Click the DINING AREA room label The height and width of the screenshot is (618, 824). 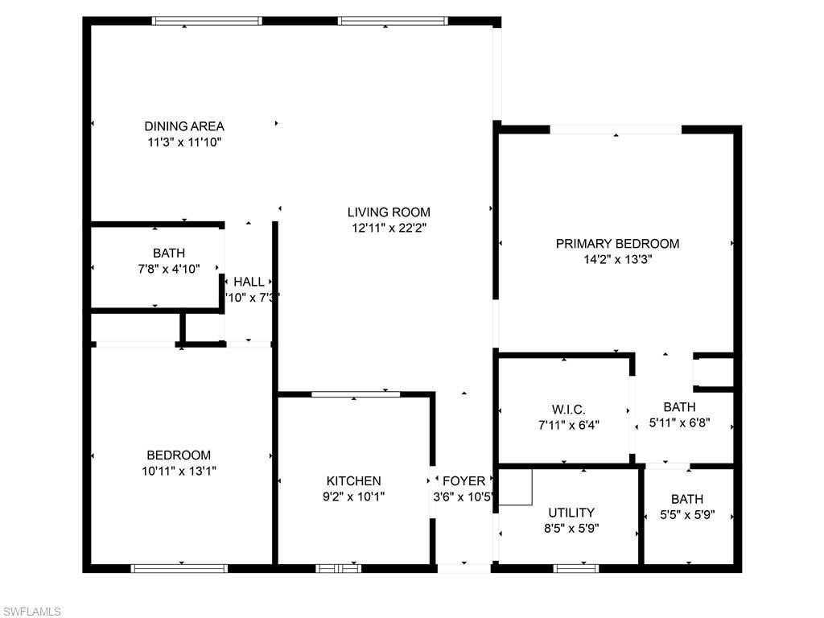pyautogui.click(x=183, y=126)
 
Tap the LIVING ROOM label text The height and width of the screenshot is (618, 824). pyautogui.click(x=389, y=212)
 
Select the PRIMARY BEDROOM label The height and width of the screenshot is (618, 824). pyautogui.click(x=617, y=244)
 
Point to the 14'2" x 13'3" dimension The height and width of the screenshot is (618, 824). pyautogui.click(x=617, y=260)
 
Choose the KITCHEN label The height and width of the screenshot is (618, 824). pyautogui.click(x=353, y=481)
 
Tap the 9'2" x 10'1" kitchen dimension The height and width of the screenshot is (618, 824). pyautogui.click(x=353, y=497)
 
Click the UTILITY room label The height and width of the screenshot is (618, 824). pyautogui.click(x=571, y=513)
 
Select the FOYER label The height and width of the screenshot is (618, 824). pyautogui.click(x=463, y=481)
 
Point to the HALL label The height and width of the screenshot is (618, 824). pyautogui.click(x=249, y=282)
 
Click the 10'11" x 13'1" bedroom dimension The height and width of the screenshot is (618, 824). pyautogui.click(x=179, y=472)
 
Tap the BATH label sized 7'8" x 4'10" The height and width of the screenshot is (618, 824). pyautogui.click(x=168, y=253)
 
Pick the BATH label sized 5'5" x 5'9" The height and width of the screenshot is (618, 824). pyautogui.click(x=686, y=499)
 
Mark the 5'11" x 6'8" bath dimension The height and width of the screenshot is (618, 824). pyautogui.click(x=679, y=423)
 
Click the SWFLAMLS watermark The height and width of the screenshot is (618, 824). pyautogui.click(x=32, y=612)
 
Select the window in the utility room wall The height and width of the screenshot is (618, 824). pyautogui.click(x=576, y=568)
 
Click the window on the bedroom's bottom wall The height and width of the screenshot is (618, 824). pyautogui.click(x=179, y=568)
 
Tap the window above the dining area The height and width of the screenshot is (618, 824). pyautogui.click(x=208, y=21)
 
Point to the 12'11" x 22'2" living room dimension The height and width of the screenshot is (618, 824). pyautogui.click(x=389, y=229)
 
